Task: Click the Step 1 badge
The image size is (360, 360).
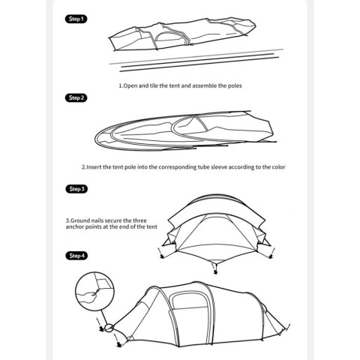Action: pyautogui.click(x=76, y=19)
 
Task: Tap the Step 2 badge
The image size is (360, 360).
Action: pyautogui.click(x=76, y=97)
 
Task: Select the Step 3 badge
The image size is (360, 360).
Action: pyautogui.click(x=76, y=189)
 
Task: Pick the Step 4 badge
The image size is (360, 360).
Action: pyautogui.click(x=76, y=256)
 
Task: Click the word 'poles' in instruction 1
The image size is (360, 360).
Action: pyautogui.click(x=235, y=85)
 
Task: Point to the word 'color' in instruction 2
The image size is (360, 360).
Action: pyautogui.click(x=278, y=167)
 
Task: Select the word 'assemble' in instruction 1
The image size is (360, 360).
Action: pyautogui.click(x=205, y=85)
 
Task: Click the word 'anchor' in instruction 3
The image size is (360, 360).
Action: pyautogui.click(x=75, y=227)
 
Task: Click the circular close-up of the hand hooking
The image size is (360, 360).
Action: pyautogui.click(x=94, y=292)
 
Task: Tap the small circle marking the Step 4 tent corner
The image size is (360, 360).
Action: pyautogui.click(x=109, y=328)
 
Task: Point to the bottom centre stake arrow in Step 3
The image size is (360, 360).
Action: pyautogui.click(x=214, y=269)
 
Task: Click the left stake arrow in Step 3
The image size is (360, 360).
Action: pyautogui.click(x=160, y=253)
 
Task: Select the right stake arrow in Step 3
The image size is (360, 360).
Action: pyautogui.click(x=272, y=253)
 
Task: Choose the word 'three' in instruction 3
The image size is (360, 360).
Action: pyautogui.click(x=139, y=220)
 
